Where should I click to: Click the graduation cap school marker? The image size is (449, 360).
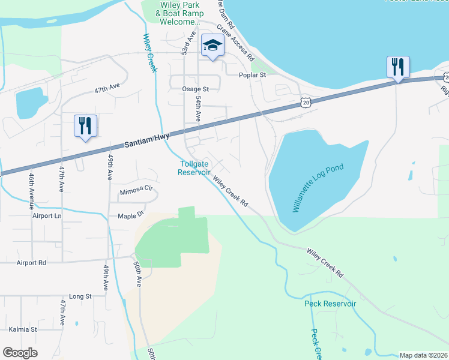[212, 45]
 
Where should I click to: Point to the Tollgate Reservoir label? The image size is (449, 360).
[194, 168]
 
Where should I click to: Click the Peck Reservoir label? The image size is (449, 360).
[330, 304]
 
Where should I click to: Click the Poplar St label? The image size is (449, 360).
[252, 75]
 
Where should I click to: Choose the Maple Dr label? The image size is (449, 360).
[131, 215]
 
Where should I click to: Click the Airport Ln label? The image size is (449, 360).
[47, 215]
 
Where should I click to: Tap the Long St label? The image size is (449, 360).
[80, 296]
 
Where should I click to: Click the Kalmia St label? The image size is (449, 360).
[23, 329]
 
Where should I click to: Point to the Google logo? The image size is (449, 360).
[20, 353]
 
